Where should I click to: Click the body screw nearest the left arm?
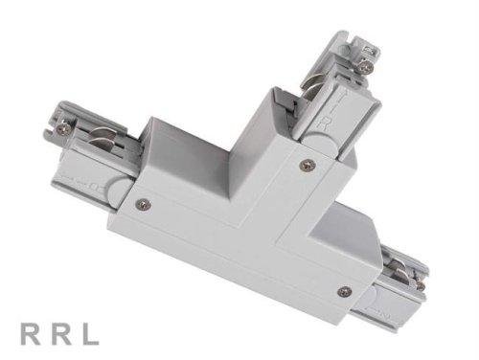[x=144, y=202]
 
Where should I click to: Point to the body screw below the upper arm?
[x=306, y=165]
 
